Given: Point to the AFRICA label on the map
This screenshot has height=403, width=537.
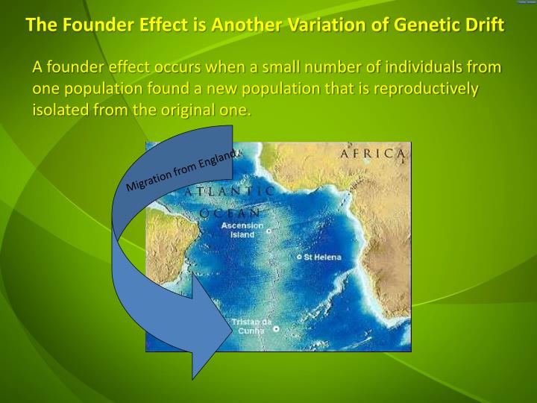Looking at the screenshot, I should click(x=374, y=153).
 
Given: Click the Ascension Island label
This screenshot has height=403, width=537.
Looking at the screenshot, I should click(x=242, y=229).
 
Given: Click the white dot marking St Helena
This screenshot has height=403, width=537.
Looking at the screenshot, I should click(x=300, y=257).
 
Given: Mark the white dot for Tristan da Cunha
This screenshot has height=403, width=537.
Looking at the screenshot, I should click(x=276, y=328).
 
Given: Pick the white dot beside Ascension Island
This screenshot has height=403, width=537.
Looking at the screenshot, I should click(x=268, y=231).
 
